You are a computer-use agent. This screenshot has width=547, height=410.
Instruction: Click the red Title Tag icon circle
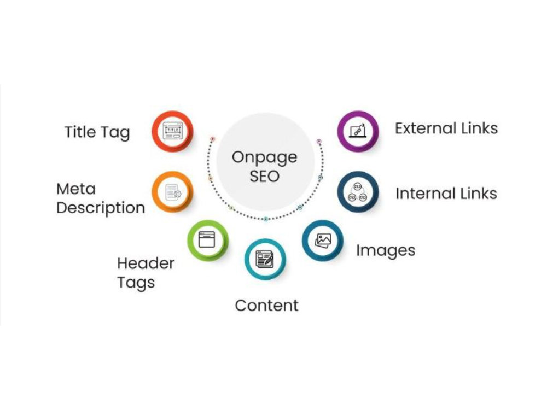click(x=172, y=131)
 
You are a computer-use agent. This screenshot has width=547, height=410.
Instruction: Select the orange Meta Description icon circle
click(x=172, y=192)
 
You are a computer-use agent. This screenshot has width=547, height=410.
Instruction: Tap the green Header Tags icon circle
click(x=208, y=241)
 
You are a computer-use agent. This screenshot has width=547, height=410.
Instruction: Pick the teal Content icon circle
click(x=265, y=259)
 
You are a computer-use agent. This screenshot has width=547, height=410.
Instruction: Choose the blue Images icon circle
click(x=323, y=241)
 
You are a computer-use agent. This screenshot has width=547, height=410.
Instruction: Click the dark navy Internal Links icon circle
click(x=358, y=192)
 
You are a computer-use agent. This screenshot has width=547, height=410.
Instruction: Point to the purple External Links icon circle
click(x=358, y=131)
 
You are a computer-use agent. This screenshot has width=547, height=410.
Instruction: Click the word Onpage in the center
click(x=264, y=158)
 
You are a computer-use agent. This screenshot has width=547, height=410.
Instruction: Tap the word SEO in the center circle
click(x=264, y=176)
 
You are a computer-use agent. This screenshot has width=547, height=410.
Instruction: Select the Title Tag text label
click(x=97, y=133)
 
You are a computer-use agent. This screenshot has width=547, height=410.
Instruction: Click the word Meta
click(x=76, y=189)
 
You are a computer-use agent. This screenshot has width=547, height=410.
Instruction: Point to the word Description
click(x=101, y=208)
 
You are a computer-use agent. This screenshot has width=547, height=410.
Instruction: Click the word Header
click(x=146, y=263)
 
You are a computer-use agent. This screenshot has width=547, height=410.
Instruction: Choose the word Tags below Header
click(x=136, y=283)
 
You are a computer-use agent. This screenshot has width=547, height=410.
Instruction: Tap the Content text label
click(x=267, y=306)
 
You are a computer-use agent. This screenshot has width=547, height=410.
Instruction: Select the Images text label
click(x=386, y=251)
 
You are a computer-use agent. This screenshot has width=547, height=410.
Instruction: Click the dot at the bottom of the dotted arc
click(x=266, y=219)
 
